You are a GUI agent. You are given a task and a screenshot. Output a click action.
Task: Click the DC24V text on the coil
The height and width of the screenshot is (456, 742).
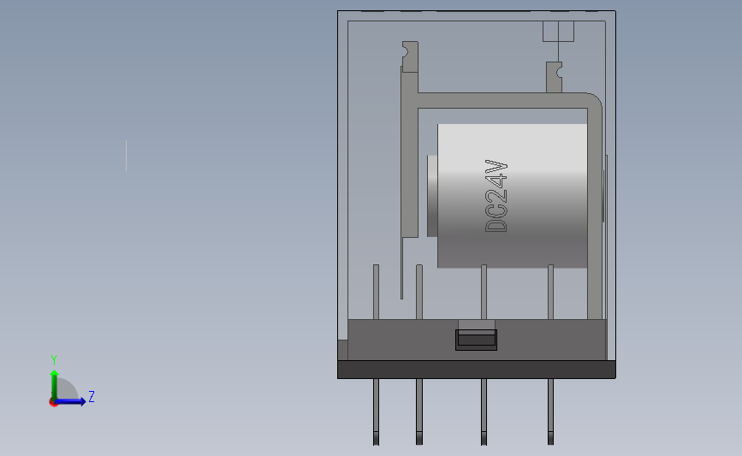tap(497, 196)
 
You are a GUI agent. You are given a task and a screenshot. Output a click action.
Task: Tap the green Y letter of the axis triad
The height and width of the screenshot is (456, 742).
tap(53, 360)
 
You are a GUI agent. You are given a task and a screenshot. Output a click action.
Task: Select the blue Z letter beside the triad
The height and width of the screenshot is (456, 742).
tap(91, 397)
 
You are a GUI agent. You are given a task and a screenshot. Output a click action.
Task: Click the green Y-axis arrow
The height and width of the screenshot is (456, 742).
tap(54, 383)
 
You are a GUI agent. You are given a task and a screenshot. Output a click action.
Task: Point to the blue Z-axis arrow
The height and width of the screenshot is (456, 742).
tap(74, 401)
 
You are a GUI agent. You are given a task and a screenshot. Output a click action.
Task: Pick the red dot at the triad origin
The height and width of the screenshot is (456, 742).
tap(53, 402)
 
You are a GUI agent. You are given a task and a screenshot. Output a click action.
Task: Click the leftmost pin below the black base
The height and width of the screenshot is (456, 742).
tap(376, 412)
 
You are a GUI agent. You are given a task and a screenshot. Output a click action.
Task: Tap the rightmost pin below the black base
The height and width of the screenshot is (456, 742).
tap(550, 412)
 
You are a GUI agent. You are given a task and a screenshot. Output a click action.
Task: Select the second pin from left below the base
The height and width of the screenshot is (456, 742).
tap(419, 412)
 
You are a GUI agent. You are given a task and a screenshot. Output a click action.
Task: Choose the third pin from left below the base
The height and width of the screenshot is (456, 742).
tap(484, 412)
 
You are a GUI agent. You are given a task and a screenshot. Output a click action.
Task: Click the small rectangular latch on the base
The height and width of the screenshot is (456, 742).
tap(477, 339)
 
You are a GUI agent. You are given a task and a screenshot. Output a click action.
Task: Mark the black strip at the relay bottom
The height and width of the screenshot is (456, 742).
tap(476, 370)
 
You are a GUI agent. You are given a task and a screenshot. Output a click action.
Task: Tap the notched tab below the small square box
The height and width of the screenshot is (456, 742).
tap(555, 74)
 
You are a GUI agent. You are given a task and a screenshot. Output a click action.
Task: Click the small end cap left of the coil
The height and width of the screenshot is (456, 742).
tap(431, 196)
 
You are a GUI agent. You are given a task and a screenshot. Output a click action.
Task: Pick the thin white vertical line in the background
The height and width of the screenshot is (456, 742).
tap(127, 156)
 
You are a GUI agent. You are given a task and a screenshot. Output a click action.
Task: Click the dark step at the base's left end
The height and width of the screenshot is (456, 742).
tap(342, 350)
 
